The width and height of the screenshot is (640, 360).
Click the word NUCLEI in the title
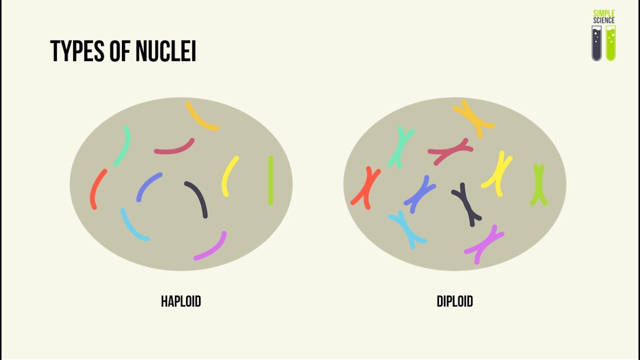[x=165, y=51]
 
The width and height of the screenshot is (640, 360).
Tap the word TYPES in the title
[x=77, y=51]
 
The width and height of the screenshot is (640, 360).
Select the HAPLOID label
[x=181, y=301]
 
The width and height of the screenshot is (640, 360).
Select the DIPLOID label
[x=455, y=301]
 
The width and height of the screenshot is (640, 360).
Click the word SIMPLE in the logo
[x=604, y=13]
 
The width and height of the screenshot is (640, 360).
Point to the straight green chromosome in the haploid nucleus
[x=270, y=180]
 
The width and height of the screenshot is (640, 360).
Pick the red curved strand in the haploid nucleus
[x=95, y=188]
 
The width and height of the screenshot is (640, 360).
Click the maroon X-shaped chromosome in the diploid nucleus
[x=450, y=151]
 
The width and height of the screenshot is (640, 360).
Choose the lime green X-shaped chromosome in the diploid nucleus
[x=539, y=185]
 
